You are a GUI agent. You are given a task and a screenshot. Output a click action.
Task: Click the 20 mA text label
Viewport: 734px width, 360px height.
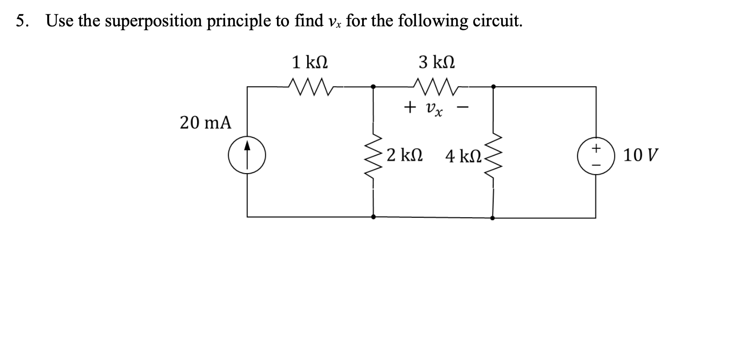[206, 122]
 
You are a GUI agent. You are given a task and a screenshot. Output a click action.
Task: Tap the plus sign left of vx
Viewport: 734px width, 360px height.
[408, 107]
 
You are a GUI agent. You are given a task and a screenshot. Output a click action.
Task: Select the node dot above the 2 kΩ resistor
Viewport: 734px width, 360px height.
[374, 87]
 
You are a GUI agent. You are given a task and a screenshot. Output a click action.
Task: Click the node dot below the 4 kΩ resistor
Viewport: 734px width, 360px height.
[492, 218]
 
